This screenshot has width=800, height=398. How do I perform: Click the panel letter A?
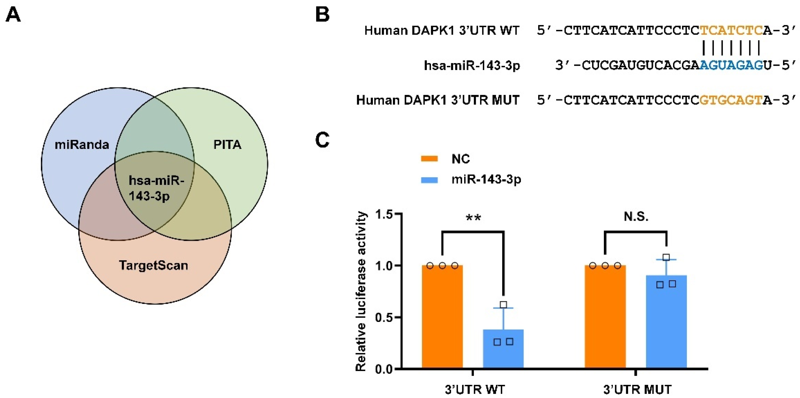[x=13, y=15]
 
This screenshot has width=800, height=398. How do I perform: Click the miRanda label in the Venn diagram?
[x=82, y=145]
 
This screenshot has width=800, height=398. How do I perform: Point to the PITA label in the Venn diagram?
[x=227, y=145]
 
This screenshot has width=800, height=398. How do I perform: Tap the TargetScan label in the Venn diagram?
[x=154, y=265]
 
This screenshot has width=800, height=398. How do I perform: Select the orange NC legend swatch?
[x=429, y=159]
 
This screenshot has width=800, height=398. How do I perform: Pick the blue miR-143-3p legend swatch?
[x=429, y=180]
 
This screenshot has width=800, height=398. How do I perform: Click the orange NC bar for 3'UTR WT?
[x=442, y=317]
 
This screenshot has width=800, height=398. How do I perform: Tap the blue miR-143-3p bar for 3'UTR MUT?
[x=666, y=323]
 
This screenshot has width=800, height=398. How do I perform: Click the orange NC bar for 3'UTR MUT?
[x=605, y=317]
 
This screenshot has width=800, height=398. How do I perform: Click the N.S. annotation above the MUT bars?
[x=636, y=217]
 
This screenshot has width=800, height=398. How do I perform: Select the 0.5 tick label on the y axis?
[x=384, y=318]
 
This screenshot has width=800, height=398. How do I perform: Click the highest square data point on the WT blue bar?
[x=503, y=304]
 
